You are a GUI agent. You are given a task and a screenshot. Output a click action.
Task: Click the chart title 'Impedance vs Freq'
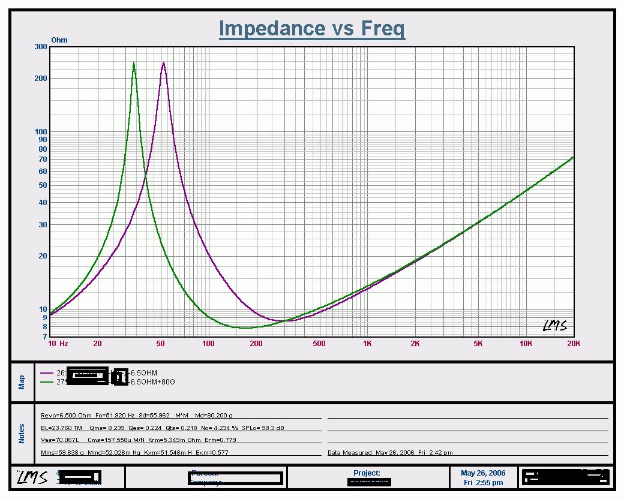[x=311, y=28]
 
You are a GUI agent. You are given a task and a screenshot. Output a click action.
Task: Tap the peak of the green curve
[x=134, y=63]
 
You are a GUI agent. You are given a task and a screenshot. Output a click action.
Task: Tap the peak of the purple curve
[x=163, y=62]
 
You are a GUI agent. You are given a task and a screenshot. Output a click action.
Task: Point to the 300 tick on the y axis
[x=41, y=47]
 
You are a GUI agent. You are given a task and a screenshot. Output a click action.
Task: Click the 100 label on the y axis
[x=41, y=132]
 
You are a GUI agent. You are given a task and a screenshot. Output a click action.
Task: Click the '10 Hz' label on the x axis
[x=58, y=344]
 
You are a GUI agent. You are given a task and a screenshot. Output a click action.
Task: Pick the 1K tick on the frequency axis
[x=367, y=344]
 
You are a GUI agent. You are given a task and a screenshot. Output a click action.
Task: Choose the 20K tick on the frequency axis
[x=574, y=344]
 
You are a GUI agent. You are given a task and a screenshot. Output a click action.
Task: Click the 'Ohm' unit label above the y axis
[x=59, y=40]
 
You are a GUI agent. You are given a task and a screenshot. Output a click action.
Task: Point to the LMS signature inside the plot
[x=554, y=326]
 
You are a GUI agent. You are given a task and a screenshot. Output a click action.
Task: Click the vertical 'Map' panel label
[x=22, y=382]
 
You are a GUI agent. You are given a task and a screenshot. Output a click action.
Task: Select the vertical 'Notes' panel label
[x=22, y=434]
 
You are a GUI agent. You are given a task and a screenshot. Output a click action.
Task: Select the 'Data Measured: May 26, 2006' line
[x=390, y=452]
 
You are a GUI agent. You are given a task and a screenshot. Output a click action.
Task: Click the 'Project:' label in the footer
[x=367, y=473]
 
